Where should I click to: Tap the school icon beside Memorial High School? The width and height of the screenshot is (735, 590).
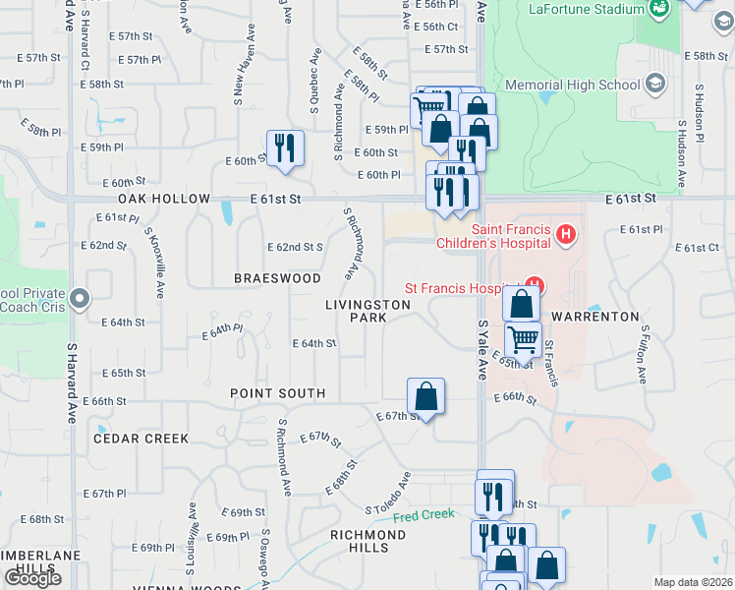point(654,84)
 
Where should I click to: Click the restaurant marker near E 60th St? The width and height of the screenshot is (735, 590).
point(285,148)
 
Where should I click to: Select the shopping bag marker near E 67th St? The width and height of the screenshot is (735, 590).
point(425,396)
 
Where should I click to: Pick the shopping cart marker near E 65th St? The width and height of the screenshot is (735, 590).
point(523,340)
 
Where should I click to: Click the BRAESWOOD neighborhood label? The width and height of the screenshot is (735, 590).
point(277,278)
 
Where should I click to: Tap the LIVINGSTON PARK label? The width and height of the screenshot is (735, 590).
point(368,311)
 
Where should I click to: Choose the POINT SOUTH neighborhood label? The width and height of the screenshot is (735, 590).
point(277,393)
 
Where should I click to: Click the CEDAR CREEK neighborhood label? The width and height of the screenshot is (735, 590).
point(141,439)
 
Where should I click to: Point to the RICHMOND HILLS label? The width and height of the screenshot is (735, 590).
point(367,541)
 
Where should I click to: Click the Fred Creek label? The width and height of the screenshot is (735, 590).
point(424,515)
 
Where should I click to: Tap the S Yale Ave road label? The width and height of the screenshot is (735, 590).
point(481,349)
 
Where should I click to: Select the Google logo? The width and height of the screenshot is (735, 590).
point(32,578)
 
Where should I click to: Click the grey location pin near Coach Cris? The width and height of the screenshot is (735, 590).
point(82,298)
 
